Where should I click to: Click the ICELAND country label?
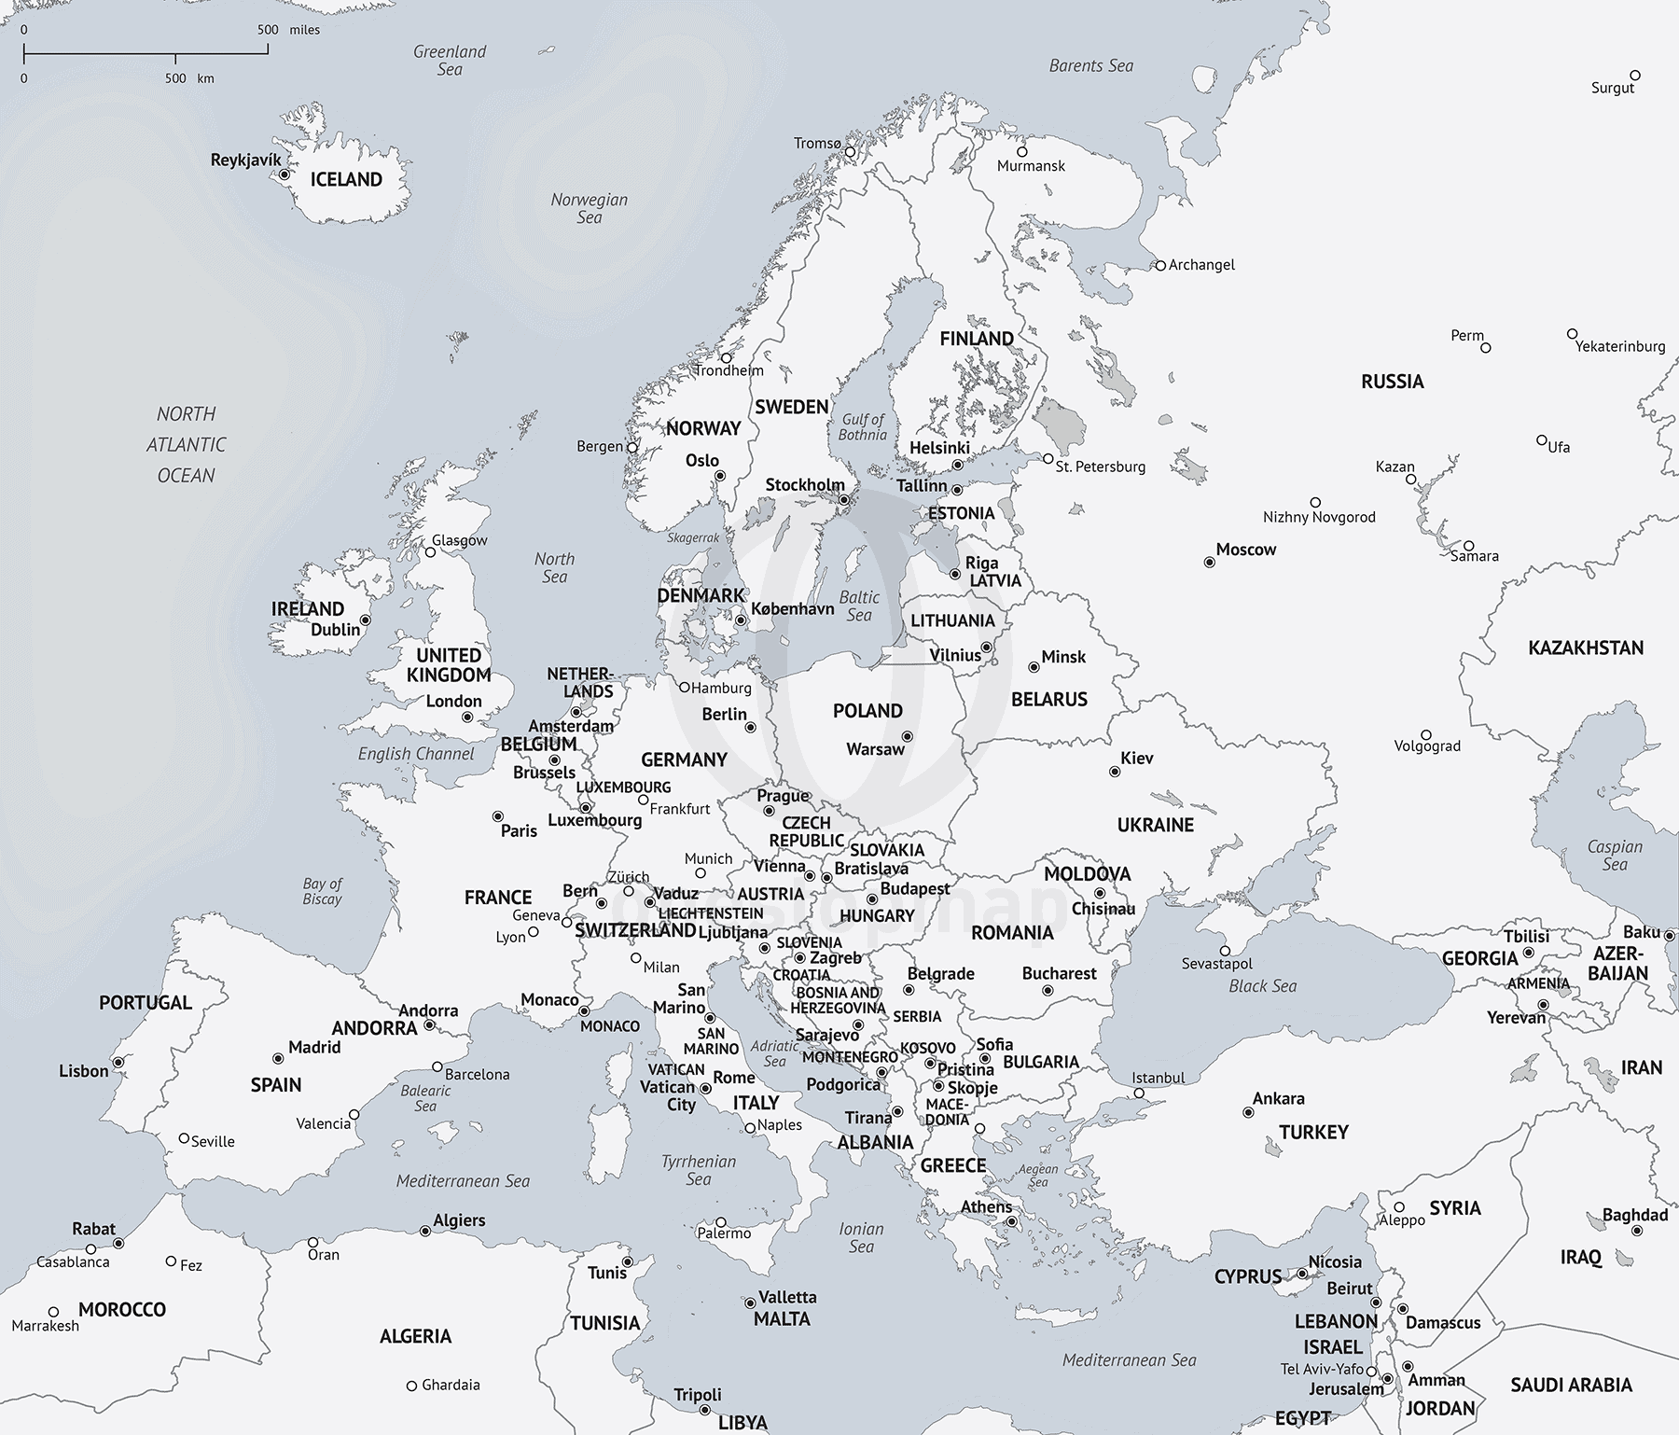point(346,179)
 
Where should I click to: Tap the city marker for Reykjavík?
point(284,174)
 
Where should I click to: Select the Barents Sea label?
point(1090,65)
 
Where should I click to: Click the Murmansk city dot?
point(1022,151)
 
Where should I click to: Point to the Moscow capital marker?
point(1209,563)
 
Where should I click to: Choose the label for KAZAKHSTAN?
point(1585,648)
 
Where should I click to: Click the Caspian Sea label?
point(1615,856)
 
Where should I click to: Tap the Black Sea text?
point(1262,986)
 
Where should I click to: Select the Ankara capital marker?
point(1248,1112)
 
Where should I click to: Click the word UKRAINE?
point(1155,825)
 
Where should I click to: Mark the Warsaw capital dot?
point(907,736)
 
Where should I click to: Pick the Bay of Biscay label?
point(322,891)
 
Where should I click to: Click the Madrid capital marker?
point(278,1059)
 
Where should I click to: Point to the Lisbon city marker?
point(118,1063)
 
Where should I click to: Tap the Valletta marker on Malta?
point(749,1303)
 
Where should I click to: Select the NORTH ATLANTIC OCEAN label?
point(186,444)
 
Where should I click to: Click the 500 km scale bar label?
point(187,78)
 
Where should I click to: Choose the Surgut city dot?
point(1635,76)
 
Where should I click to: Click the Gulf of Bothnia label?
point(862,427)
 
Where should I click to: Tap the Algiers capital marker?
point(425,1232)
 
